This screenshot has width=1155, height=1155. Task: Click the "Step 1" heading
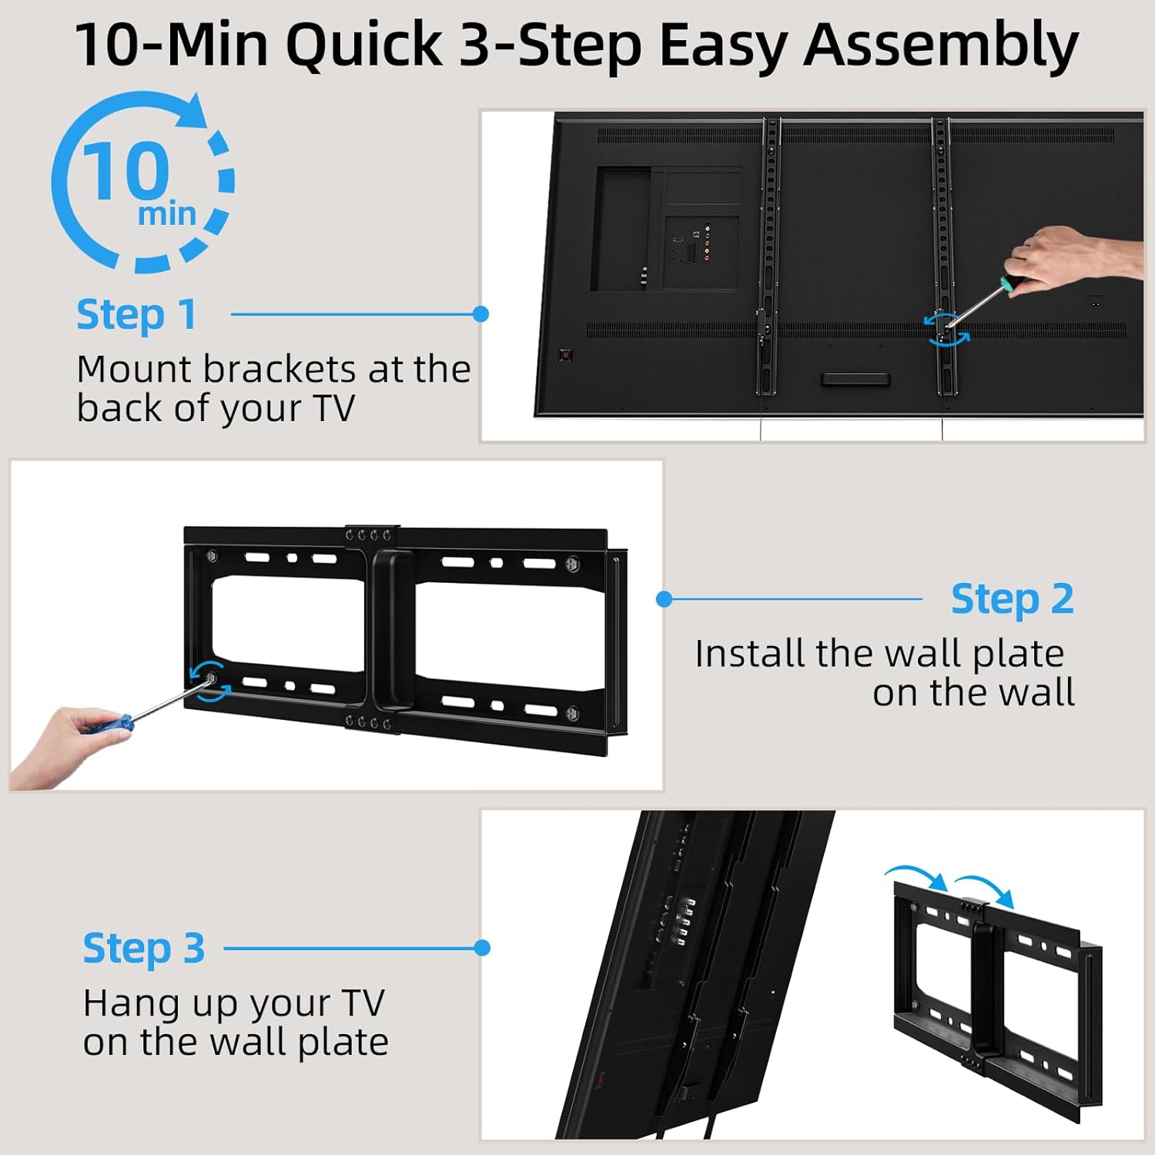pos(136,315)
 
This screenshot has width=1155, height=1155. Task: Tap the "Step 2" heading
pos(1012,599)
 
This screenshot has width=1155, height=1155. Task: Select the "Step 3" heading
pos(144,949)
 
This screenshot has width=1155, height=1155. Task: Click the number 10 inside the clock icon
pos(126,171)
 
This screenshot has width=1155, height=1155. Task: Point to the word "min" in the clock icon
pos(166,214)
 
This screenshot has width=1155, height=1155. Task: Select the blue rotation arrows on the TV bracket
pos(946,329)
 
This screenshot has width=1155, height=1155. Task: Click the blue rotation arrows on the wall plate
pos(209,681)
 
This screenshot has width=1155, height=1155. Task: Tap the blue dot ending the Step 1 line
pos(480,314)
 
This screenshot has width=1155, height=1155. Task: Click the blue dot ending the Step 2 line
pos(665,599)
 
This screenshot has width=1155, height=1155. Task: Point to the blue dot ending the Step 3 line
pos(482,948)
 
